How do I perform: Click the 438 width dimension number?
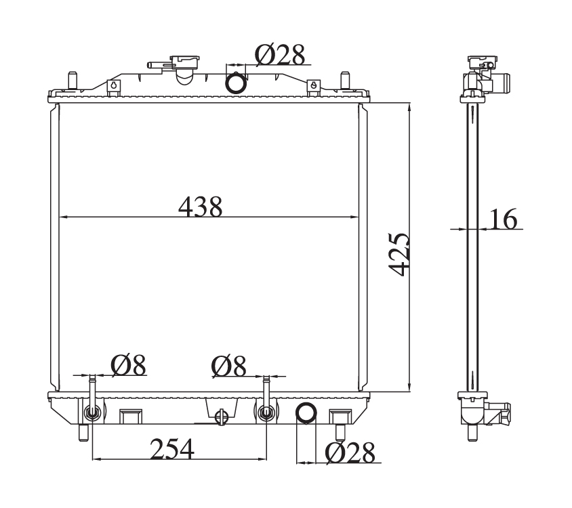click(201, 207)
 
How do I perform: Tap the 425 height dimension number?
click(399, 254)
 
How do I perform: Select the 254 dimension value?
click(172, 448)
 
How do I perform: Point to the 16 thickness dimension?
click(504, 219)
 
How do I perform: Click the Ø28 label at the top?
click(280, 55)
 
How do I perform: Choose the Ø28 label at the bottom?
click(350, 453)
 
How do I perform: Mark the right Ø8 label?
click(228, 365)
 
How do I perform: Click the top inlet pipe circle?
click(236, 83)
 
